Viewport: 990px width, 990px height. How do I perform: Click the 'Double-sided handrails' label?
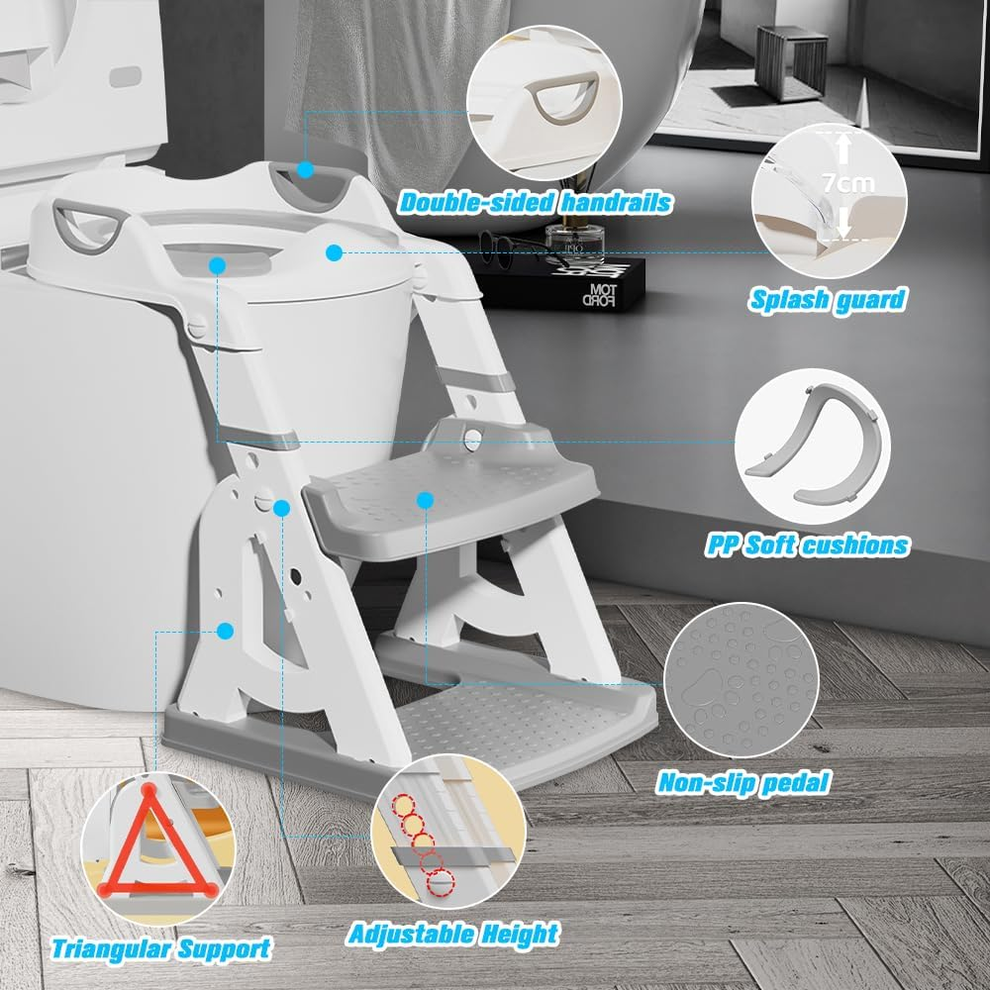tap(535, 204)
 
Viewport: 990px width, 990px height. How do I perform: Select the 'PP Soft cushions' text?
tap(808, 544)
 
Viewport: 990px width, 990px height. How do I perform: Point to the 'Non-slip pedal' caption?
tap(743, 782)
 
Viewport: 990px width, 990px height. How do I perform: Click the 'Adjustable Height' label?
tap(452, 933)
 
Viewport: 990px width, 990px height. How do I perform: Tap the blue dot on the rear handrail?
tap(304, 170)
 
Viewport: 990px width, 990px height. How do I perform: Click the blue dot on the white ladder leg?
tap(226, 630)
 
